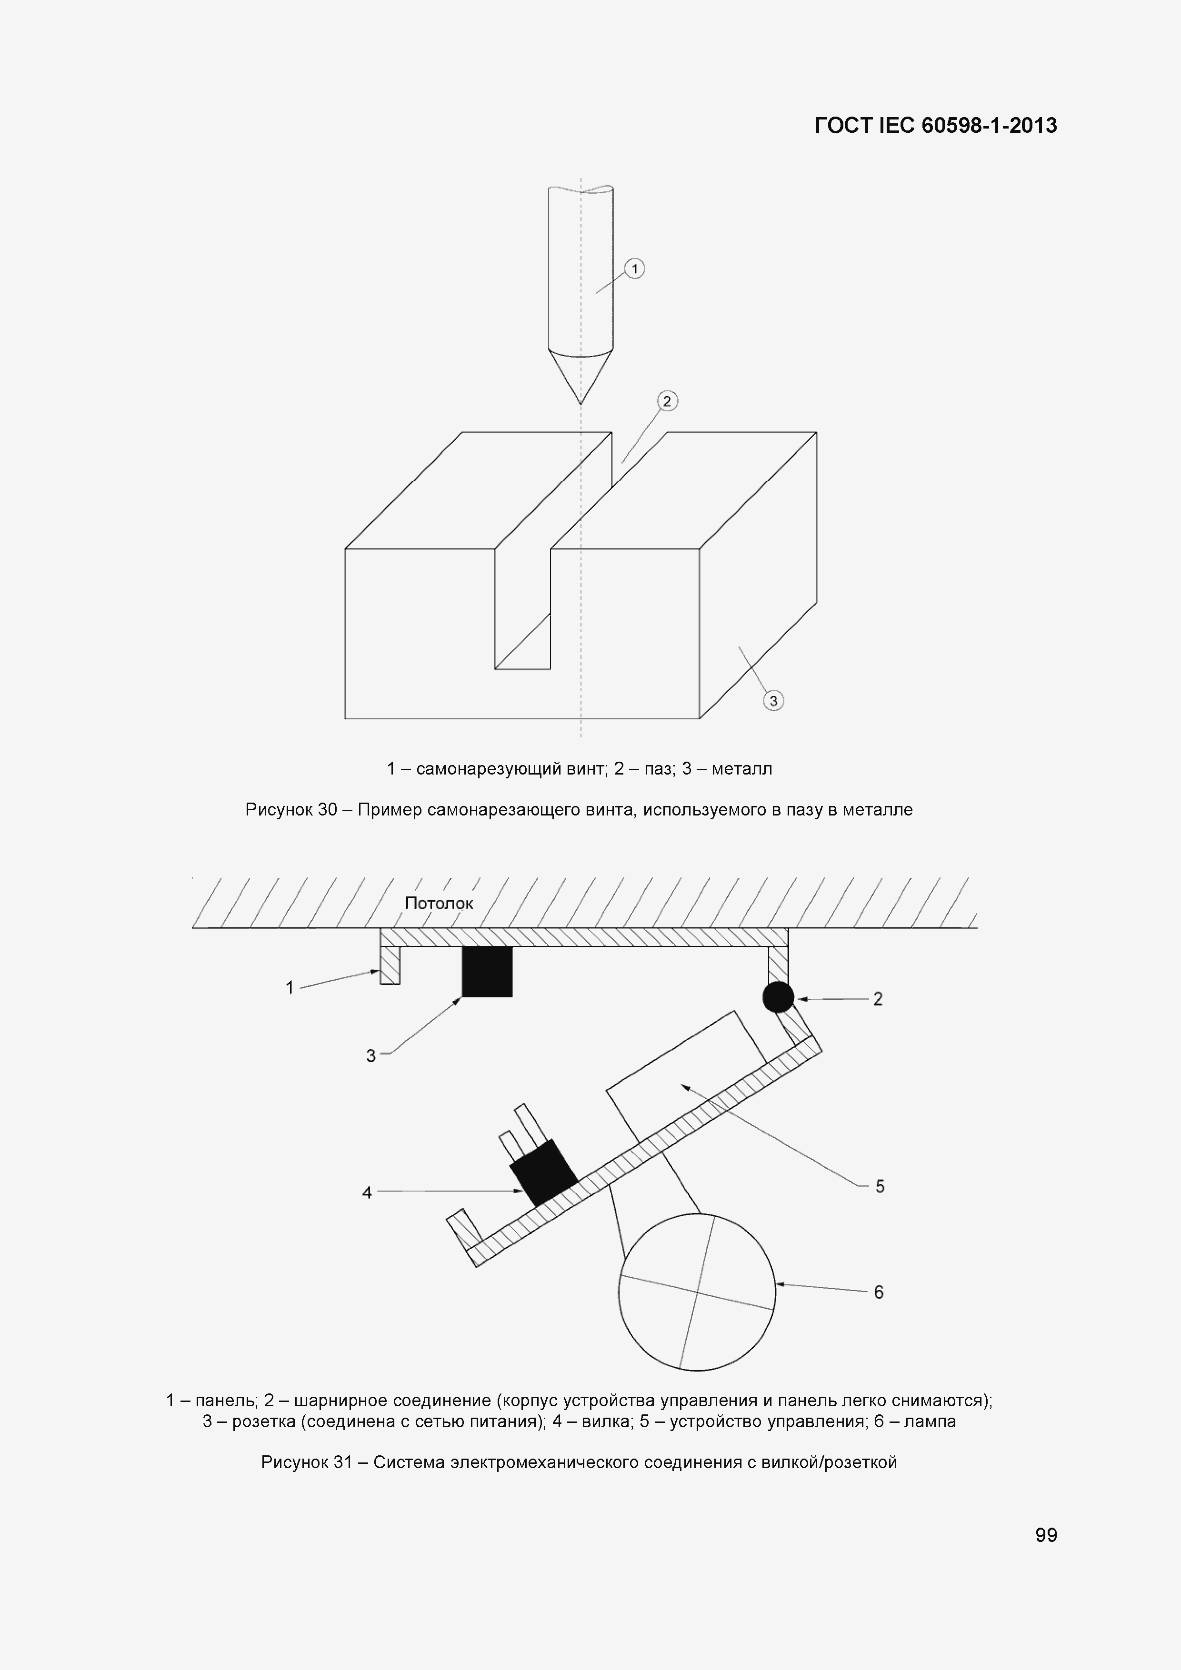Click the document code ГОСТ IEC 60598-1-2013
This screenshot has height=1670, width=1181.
936,126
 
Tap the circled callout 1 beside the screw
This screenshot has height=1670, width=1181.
634,269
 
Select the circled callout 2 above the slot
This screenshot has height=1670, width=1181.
667,401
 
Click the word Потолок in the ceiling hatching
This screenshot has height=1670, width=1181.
439,904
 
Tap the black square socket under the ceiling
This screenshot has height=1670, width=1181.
487,971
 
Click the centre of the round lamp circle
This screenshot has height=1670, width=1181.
697,1292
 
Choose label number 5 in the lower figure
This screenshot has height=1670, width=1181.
880,1186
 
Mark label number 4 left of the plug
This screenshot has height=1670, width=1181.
367,1192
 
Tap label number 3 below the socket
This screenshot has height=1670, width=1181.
370,1055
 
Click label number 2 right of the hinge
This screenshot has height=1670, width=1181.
878,999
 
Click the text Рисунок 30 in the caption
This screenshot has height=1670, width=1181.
291,810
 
